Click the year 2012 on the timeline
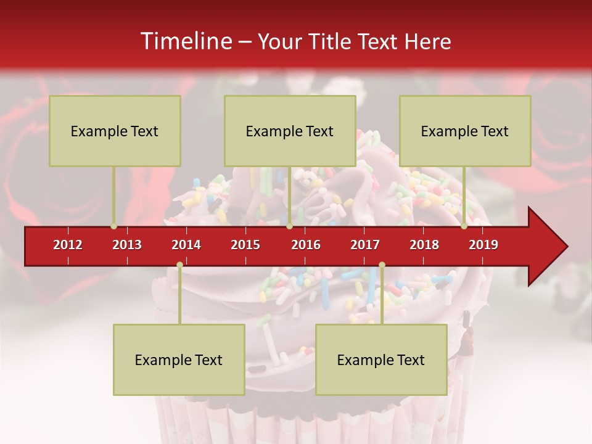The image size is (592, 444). [68, 245]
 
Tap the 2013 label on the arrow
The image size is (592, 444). [127, 245]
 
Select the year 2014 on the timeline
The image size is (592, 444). [186, 245]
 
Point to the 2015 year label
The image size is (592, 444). [245, 245]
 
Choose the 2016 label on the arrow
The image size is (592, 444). [306, 245]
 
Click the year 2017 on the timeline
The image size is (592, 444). [365, 245]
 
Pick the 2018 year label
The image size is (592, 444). [424, 245]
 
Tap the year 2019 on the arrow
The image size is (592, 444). [483, 245]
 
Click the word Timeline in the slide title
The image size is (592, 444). [185, 41]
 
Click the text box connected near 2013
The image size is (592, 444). [115, 131]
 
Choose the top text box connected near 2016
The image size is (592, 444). [290, 131]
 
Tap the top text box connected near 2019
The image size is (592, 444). [465, 131]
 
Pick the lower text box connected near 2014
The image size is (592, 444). [179, 360]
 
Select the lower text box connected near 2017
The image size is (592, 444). [381, 360]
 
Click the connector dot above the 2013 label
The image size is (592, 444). [113, 226]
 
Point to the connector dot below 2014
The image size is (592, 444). [179, 265]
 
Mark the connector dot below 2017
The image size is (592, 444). [382, 265]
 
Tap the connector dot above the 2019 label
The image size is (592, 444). [464, 226]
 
